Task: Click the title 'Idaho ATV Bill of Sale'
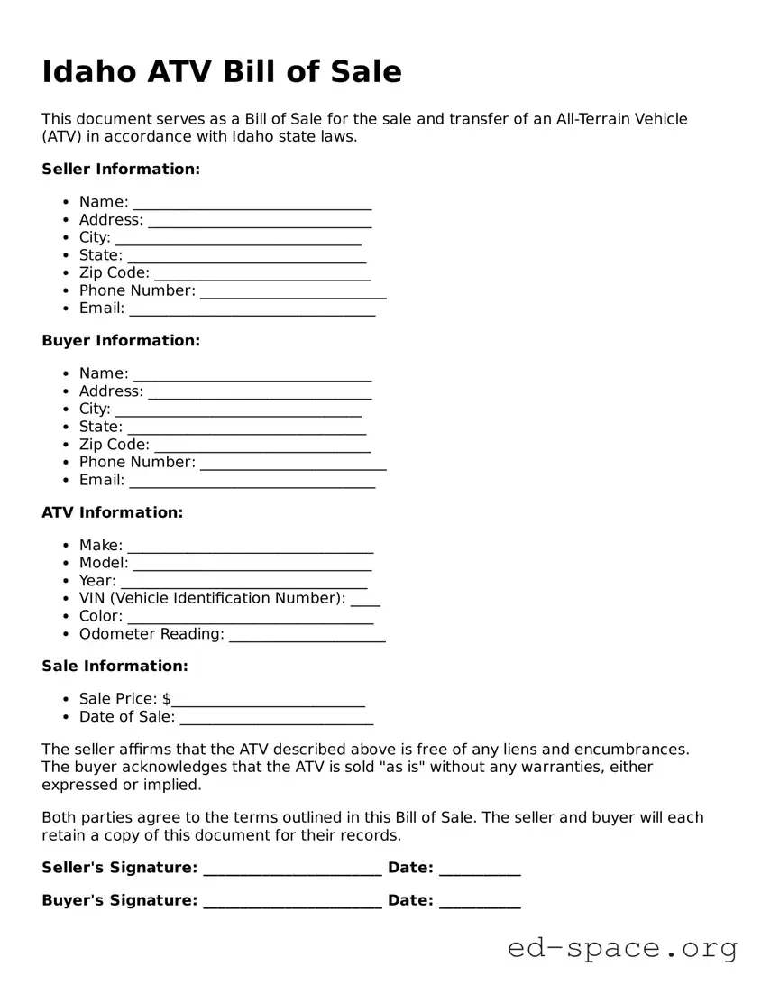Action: tap(222, 72)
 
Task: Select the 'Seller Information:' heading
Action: tap(121, 169)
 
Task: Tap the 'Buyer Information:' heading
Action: tap(121, 340)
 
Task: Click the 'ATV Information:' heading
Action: tap(112, 511)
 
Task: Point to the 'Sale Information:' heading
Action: tap(115, 666)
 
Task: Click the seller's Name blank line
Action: tap(252, 204)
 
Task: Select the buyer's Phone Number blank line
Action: tap(293, 465)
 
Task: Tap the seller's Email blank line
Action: tap(252, 310)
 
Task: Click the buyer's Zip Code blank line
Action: tap(262, 446)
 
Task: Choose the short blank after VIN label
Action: tap(365, 601)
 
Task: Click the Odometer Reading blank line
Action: tap(307, 636)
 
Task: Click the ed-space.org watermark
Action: tap(622, 948)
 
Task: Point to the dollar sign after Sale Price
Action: tap(167, 699)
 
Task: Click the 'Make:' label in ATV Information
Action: tap(101, 545)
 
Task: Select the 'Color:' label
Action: tap(101, 616)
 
